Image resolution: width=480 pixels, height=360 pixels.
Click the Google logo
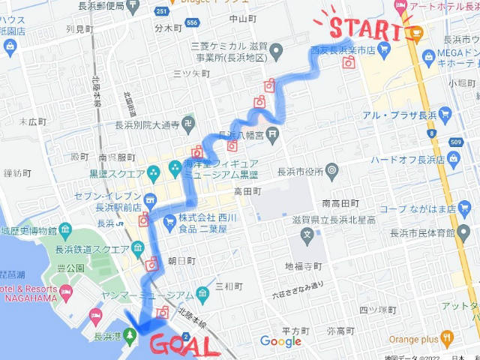click(280, 341)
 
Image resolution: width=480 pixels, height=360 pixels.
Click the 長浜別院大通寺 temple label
click(147, 126)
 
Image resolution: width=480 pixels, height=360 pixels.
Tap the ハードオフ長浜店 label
click(409, 159)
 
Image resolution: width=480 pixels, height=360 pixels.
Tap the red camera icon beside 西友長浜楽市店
click(348, 64)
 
